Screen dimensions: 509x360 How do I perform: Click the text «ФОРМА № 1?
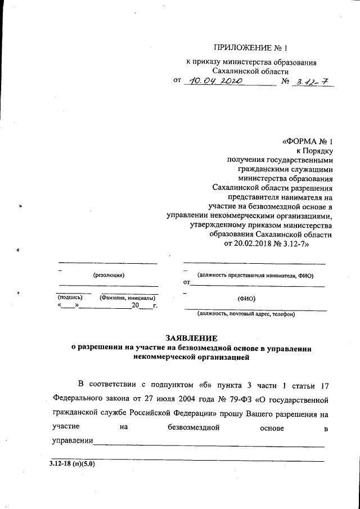pos(308,141)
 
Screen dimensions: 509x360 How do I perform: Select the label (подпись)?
pos(70,296)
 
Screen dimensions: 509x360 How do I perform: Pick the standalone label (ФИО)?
pos(246,299)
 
